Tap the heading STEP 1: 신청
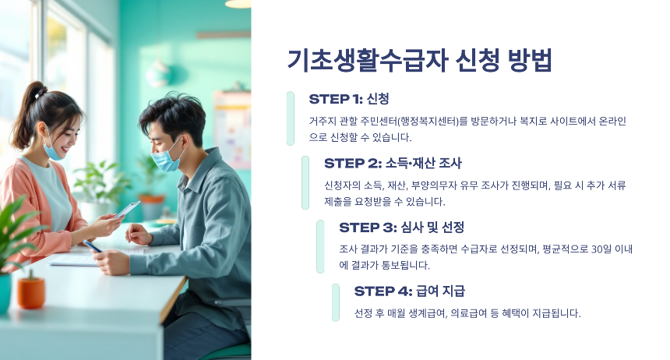(x=348, y=99)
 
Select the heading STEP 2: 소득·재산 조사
(x=393, y=164)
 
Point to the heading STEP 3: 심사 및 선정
(x=401, y=228)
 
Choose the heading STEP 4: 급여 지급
(x=409, y=291)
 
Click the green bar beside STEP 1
(x=291, y=118)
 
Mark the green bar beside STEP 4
(x=336, y=302)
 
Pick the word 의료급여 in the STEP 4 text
(x=473, y=313)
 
